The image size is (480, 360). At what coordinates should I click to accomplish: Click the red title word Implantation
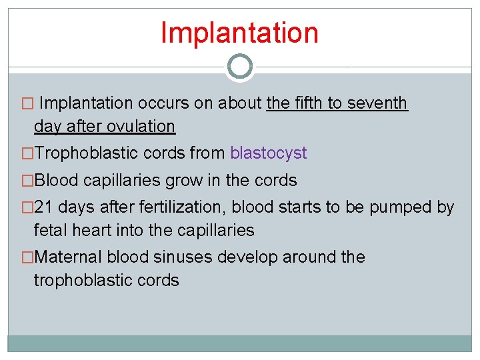pos(239,33)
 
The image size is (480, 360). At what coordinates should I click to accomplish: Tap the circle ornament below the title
pos(239,67)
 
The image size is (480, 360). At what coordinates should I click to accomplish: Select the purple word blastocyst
pos(268,153)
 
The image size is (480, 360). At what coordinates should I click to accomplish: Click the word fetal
pos(51,231)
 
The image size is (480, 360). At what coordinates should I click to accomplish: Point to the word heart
pos(95,231)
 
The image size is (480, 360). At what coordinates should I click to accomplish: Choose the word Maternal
pos(68,257)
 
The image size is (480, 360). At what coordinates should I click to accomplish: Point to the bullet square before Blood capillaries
pos(27,181)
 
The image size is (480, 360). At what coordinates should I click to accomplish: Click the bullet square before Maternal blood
pos(27,257)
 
